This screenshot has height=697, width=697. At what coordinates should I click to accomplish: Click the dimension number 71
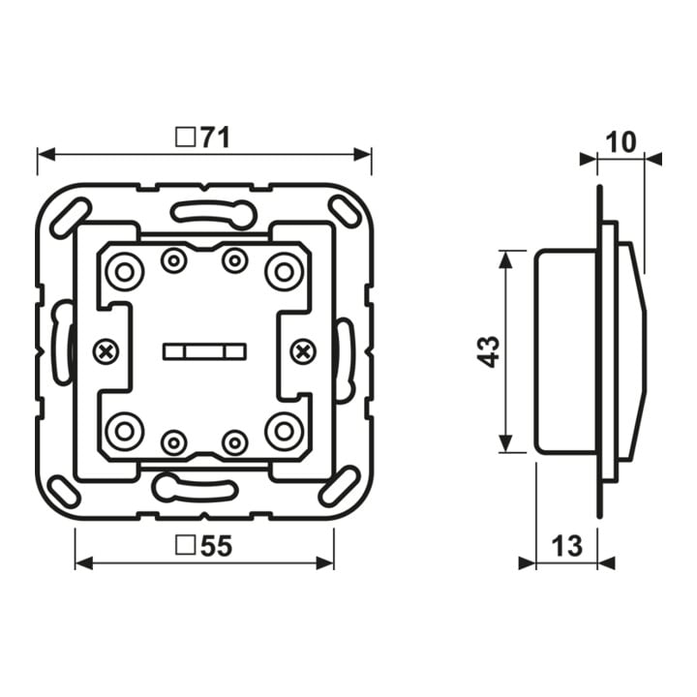215,137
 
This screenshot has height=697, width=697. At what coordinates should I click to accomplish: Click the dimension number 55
216,545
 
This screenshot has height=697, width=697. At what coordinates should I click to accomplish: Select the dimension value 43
490,351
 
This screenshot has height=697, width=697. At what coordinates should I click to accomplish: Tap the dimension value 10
621,142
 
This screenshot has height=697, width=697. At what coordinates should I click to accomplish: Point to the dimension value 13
566,545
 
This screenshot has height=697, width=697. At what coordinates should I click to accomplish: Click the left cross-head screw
106,352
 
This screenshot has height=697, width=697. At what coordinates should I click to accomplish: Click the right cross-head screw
303,352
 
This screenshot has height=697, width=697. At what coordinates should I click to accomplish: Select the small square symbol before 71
185,137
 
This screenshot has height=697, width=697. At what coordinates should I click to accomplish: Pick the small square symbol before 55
185,545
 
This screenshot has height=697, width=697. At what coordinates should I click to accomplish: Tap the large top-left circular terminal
125,272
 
